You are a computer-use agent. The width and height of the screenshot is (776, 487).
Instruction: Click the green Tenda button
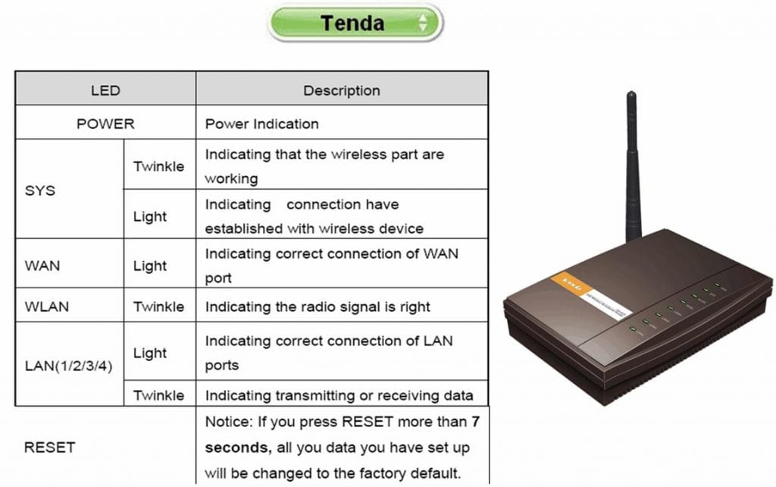355,23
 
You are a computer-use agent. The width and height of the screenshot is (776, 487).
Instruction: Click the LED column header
105,91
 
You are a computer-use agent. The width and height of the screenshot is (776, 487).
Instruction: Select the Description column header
342,91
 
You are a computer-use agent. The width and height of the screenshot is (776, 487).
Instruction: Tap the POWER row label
105,124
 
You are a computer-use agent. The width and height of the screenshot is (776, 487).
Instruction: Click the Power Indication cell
261,124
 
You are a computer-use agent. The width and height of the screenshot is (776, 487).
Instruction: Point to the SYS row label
40,190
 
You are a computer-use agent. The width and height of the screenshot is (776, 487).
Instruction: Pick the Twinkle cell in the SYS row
158,166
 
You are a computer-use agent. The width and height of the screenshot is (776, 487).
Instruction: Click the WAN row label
42,265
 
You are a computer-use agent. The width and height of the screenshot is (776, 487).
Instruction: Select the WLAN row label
46,306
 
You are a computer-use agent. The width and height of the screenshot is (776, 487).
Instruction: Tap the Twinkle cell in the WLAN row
158,306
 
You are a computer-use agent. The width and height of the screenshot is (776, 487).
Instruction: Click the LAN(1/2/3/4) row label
69,366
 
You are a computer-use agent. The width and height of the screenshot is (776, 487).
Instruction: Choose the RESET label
49,448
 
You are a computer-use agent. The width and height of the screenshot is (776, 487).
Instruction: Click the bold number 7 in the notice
476,422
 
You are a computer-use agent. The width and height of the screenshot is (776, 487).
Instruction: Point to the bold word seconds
238,448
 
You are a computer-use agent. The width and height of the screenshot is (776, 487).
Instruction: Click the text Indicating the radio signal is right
318,307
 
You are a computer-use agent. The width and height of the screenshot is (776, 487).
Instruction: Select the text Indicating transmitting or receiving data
339,395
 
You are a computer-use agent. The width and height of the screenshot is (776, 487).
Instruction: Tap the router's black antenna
633,166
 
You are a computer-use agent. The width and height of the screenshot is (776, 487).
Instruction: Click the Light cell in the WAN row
150,266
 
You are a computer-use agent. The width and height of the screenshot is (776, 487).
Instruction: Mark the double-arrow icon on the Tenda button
423,23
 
